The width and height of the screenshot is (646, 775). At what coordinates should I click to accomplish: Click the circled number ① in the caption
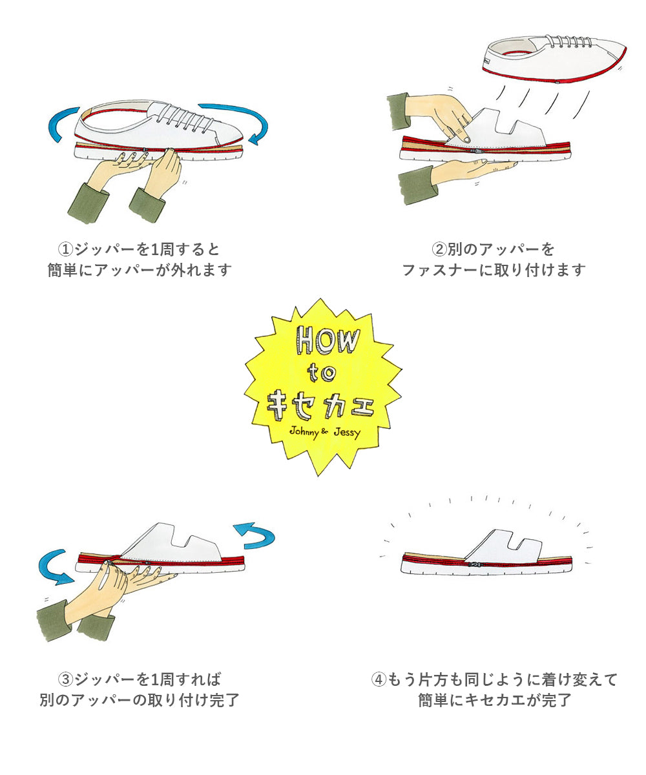tap(65, 249)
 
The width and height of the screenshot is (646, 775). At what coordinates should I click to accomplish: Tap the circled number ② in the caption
tap(439, 249)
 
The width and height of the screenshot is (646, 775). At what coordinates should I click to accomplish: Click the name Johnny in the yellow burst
tap(304, 431)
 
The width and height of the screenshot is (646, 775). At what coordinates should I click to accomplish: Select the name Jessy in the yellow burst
tap(347, 433)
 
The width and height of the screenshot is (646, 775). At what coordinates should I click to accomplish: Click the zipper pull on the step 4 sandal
tap(475, 565)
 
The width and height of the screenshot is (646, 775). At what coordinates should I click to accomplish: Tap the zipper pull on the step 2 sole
tap(477, 151)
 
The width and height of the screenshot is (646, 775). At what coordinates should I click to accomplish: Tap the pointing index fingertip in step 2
tap(466, 140)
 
